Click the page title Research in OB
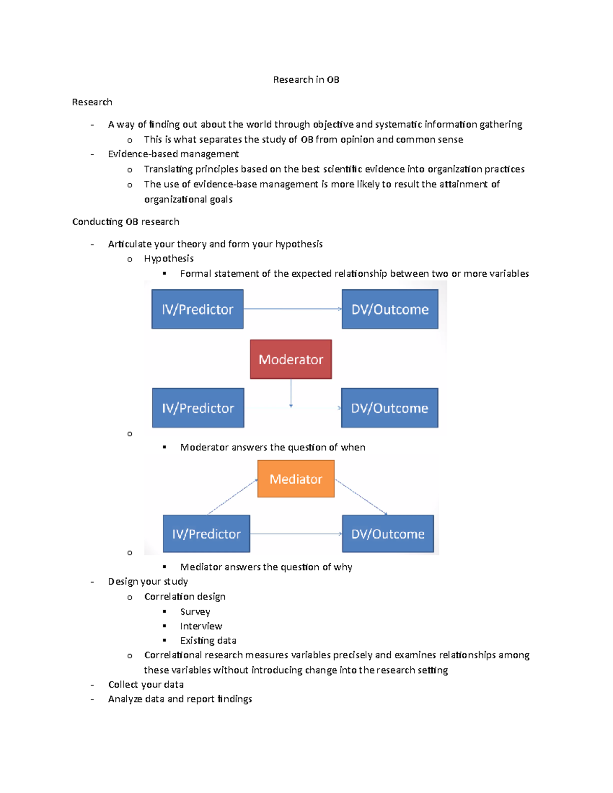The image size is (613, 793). click(x=306, y=80)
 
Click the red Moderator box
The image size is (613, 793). click(x=291, y=359)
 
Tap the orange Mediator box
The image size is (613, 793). click(x=296, y=479)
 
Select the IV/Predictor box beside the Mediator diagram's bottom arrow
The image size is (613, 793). click(x=206, y=534)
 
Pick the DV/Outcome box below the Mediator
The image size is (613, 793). click(x=388, y=534)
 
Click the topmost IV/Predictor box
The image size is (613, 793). click(x=197, y=309)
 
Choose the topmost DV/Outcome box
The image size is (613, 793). click(x=390, y=309)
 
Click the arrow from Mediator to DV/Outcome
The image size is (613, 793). click(x=361, y=497)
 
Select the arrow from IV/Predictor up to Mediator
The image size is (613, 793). click(x=232, y=497)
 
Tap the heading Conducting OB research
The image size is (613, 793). click(x=126, y=222)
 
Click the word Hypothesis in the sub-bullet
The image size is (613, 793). click(x=169, y=258)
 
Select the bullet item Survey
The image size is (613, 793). click(x=195, y=612)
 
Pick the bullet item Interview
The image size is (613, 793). click(x=201, y=626)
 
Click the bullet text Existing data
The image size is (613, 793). click(x=208, y=640)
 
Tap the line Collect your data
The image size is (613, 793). click(x=146, y=684)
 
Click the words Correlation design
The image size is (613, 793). click(x=184, y=596)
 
